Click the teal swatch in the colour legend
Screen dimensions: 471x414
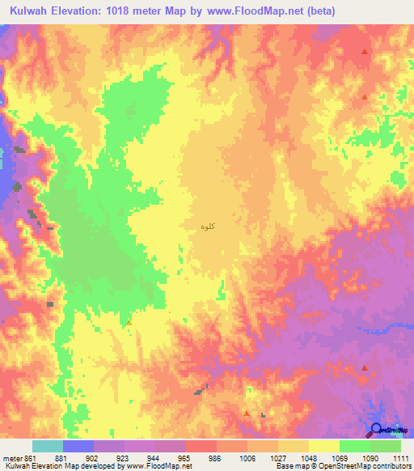click(x=47, y=447)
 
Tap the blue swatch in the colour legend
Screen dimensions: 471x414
click(x=78, y=447)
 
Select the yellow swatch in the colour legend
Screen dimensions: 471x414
click(x=323, y=447)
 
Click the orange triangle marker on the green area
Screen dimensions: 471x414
click(x=129, y=322)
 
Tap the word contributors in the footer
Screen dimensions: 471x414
click(x=389, y=465)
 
